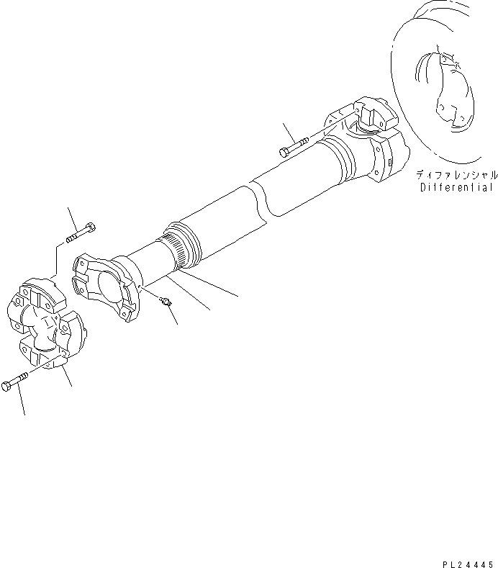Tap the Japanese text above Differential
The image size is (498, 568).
pos(456,175)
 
